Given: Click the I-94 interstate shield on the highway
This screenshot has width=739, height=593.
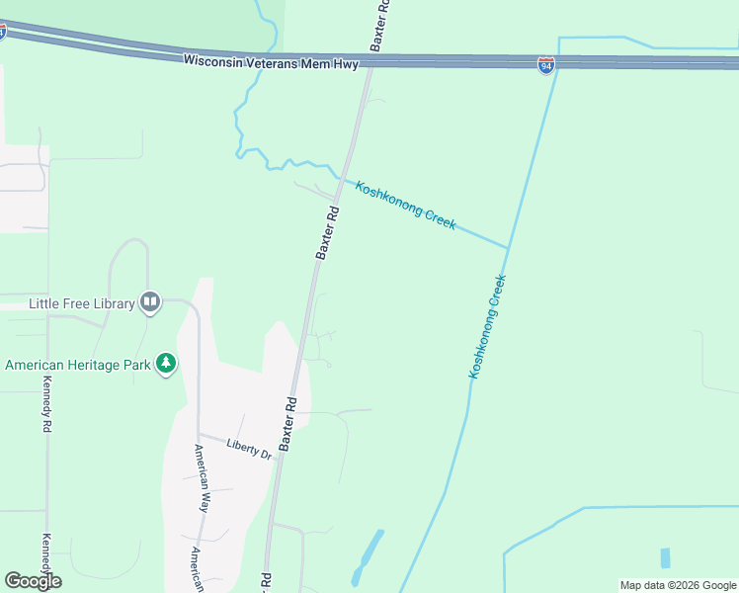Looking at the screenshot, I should (x=545, y=65).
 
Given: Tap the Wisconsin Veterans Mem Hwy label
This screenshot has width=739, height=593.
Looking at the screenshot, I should (x=270, y=61).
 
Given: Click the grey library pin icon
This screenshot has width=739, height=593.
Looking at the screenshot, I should (x=150, y=301).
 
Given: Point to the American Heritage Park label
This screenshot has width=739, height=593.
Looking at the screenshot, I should (x=77, y=365).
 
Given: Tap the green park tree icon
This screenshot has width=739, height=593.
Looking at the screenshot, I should (x=167, y=364).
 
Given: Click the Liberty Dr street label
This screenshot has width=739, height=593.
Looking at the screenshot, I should (x=248, y=449).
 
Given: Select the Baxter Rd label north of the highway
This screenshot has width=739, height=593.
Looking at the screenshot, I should (x=380, y=26).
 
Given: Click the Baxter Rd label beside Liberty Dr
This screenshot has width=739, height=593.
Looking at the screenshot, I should (x=288, y=425).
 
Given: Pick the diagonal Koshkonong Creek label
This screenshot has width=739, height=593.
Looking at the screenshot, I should (x=405, y=205).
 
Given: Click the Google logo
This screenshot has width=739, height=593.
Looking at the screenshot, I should (x=33, y=581).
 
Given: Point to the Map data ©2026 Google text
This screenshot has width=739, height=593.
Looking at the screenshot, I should (x=678, y=585).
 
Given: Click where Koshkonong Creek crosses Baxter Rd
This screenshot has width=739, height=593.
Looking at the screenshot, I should (x=340, y=178).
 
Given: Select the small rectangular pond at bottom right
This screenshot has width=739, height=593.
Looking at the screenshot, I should (x=665, y=557).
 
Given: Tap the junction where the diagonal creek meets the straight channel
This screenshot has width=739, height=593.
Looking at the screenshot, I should (x=508, y=247).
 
